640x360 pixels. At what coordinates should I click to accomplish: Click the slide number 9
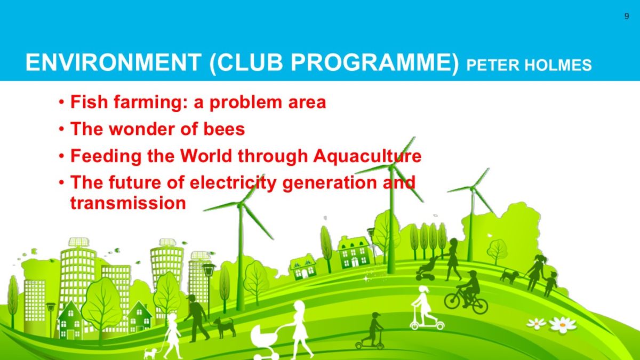pyautogui.click(x=627, y=17)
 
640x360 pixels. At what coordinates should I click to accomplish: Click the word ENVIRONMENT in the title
pyautogui.click(x=114, y=62)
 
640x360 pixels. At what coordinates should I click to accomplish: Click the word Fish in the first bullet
pyautogui.click(x=89, y=102)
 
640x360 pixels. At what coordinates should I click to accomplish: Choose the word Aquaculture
pyautogui.click(x=367, y=157)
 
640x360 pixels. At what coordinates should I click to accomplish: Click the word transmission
pyautogui.click(x=128, y=203)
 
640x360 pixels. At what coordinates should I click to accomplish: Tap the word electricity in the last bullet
pyautogui.click(x=233, y=183)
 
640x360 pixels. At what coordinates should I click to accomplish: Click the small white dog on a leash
pyautogui.click(x=150, y=353)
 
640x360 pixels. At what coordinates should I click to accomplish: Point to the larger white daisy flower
pyautogui.click(x=563, y=325)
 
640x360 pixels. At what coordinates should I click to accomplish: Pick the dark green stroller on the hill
pyautogui.click(x=427, y=269)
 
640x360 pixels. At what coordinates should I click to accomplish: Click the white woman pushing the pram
pyautogui.click(x=299, y=329)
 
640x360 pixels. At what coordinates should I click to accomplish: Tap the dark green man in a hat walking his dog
pyautogui.click(x=196, y=318)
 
